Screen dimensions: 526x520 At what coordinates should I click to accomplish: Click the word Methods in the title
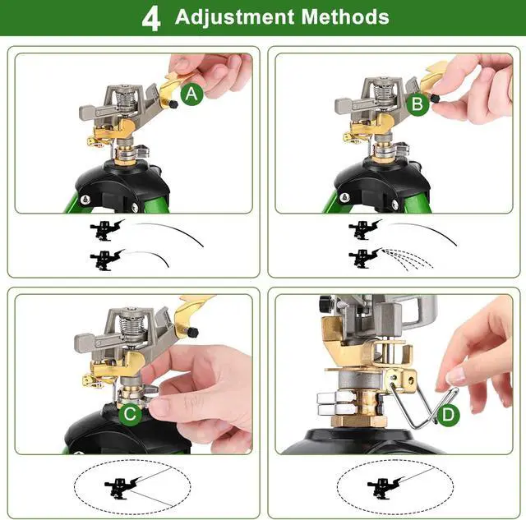click(x=345, y=16)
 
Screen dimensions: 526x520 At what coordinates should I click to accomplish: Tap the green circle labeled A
click(x=191, y=94)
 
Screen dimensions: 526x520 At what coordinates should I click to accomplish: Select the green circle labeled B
click(x=418, y=104)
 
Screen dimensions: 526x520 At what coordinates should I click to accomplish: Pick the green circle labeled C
click(x=130, y=414)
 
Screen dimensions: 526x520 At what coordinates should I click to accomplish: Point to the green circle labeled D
click(x=448, y=415)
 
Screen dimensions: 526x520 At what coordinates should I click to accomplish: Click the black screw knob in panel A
click(x=173, y=104)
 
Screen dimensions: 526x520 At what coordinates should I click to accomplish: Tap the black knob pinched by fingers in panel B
click(x=436, y=99)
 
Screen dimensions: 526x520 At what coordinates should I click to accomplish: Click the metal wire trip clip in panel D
click(x=422, y=403)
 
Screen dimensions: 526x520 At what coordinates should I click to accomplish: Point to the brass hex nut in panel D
click(x=359, y=421)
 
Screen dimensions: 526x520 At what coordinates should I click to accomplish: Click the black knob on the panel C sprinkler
click(x=192, y=333)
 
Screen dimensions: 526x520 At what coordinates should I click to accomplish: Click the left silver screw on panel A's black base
click(x=85, y=200)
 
